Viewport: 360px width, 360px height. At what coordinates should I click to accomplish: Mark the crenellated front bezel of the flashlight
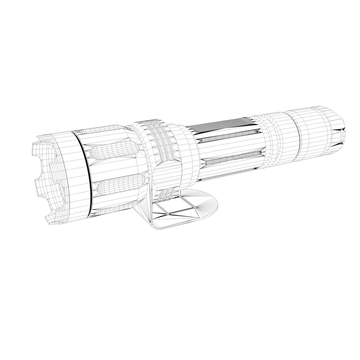[43, 180]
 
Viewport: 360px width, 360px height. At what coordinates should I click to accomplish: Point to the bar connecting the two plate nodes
[181, 210]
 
